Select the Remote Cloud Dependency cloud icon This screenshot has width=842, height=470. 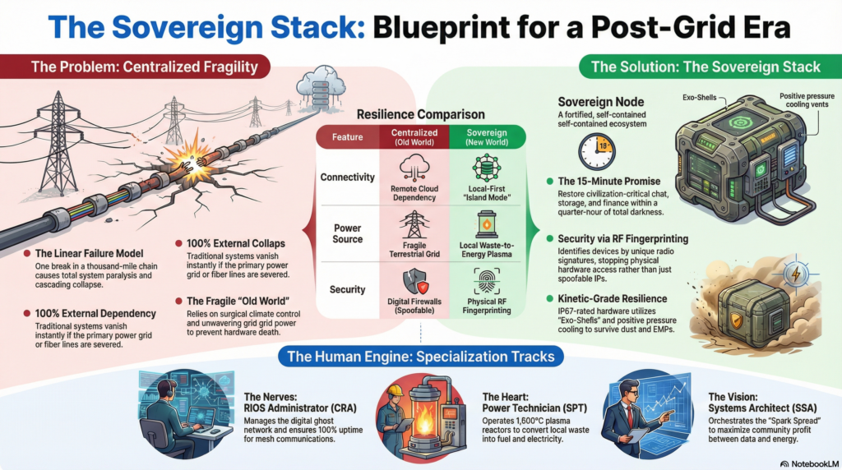click(x=409, y=169)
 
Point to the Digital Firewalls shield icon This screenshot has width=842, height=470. click(x=408, y=281)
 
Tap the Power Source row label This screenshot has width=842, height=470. click(x=348, y=234)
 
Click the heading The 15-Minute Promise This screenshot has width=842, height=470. click(x=608, y=181)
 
